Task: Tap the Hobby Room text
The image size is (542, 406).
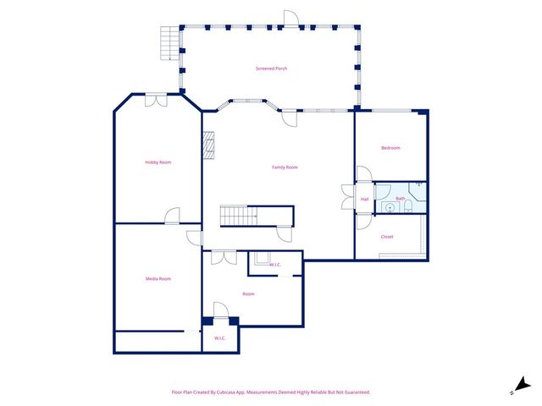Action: pos(158,162)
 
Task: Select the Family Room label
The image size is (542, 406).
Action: pos(285,167)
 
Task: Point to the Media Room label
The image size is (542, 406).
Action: pos(158,278)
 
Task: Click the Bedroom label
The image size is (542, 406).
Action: pos(390,148)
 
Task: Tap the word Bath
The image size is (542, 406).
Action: pos(400,199)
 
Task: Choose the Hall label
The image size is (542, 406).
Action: pos(364,200)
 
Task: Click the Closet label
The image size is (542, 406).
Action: pos(387,237)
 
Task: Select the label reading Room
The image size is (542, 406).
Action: pos(248,294)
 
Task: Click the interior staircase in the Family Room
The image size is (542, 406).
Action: pos(239,216)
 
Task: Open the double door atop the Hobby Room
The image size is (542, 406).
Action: pos(157,100)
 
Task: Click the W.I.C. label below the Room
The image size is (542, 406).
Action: pos(219,338)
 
